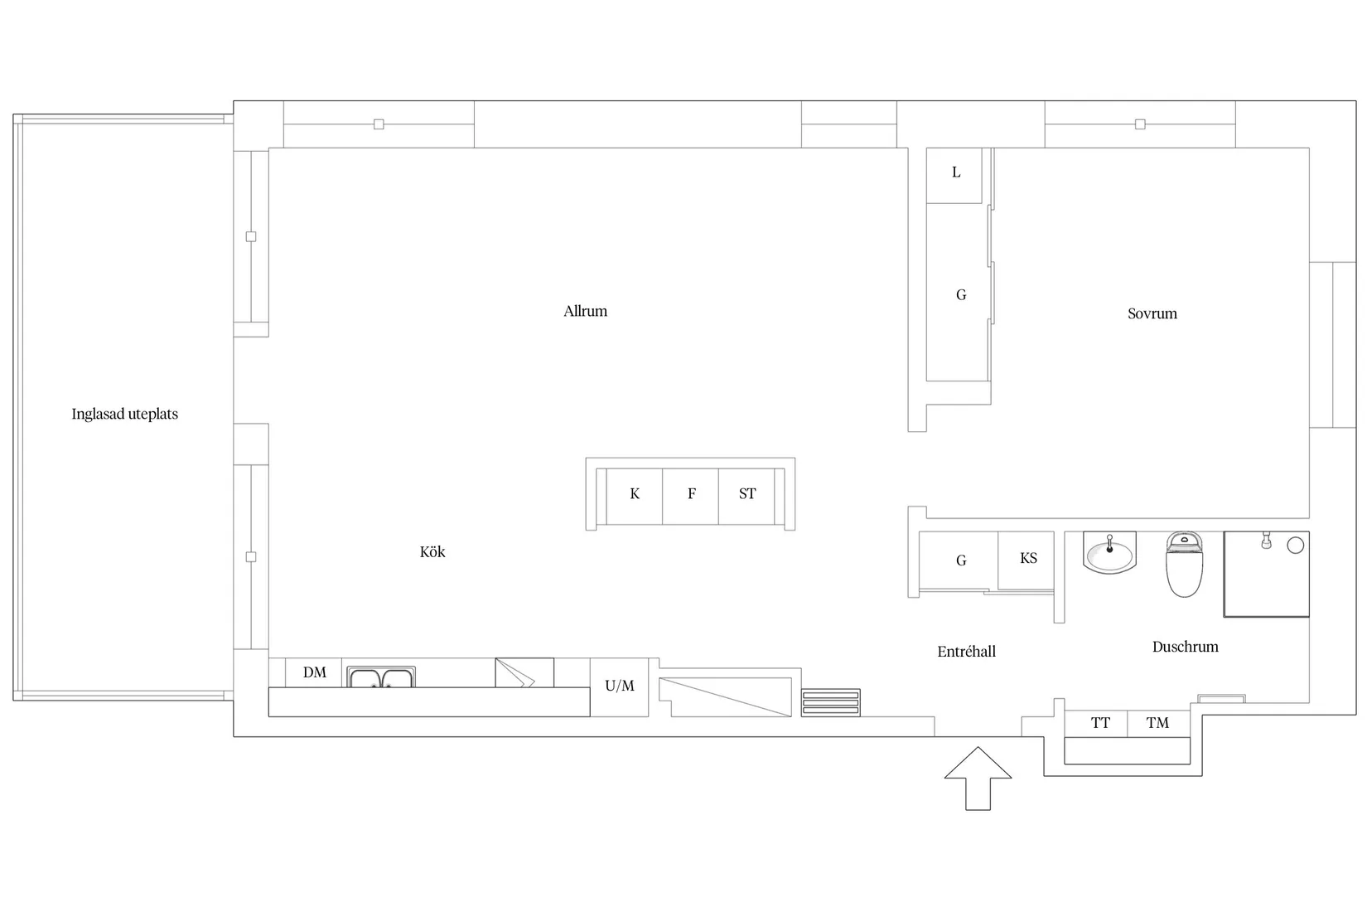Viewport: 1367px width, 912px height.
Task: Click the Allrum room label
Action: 585,311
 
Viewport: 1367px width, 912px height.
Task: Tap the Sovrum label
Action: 1152,313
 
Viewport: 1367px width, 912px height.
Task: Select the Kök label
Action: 432,551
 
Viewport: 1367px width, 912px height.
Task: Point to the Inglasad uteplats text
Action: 124,415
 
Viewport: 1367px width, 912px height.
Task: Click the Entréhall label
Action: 966,651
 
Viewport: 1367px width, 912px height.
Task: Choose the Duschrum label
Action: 1185,647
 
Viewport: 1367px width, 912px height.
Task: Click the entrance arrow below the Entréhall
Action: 978,779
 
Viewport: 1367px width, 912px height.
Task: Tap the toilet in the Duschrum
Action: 1184,565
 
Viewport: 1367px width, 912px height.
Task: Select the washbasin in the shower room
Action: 1109,553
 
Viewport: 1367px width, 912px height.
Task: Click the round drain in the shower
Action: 1295,546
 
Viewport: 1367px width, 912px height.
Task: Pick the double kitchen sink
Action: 381,677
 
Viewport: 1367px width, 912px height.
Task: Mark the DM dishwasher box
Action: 314,672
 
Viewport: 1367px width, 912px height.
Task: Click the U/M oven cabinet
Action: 619,686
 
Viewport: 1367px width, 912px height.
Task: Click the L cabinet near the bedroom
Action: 954,175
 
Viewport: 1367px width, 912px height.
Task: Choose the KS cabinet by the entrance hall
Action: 1026,560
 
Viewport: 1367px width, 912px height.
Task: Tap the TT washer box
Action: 1096,724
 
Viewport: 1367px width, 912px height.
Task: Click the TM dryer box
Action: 1158,724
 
